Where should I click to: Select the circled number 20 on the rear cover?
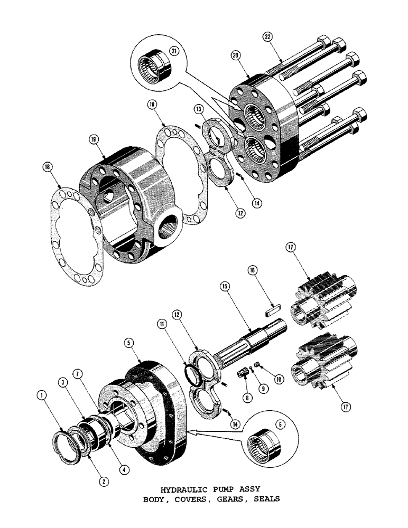pos(236,55)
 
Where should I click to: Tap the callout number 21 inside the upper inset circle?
pos(173,51)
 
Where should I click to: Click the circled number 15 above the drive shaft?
pos(225,286)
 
